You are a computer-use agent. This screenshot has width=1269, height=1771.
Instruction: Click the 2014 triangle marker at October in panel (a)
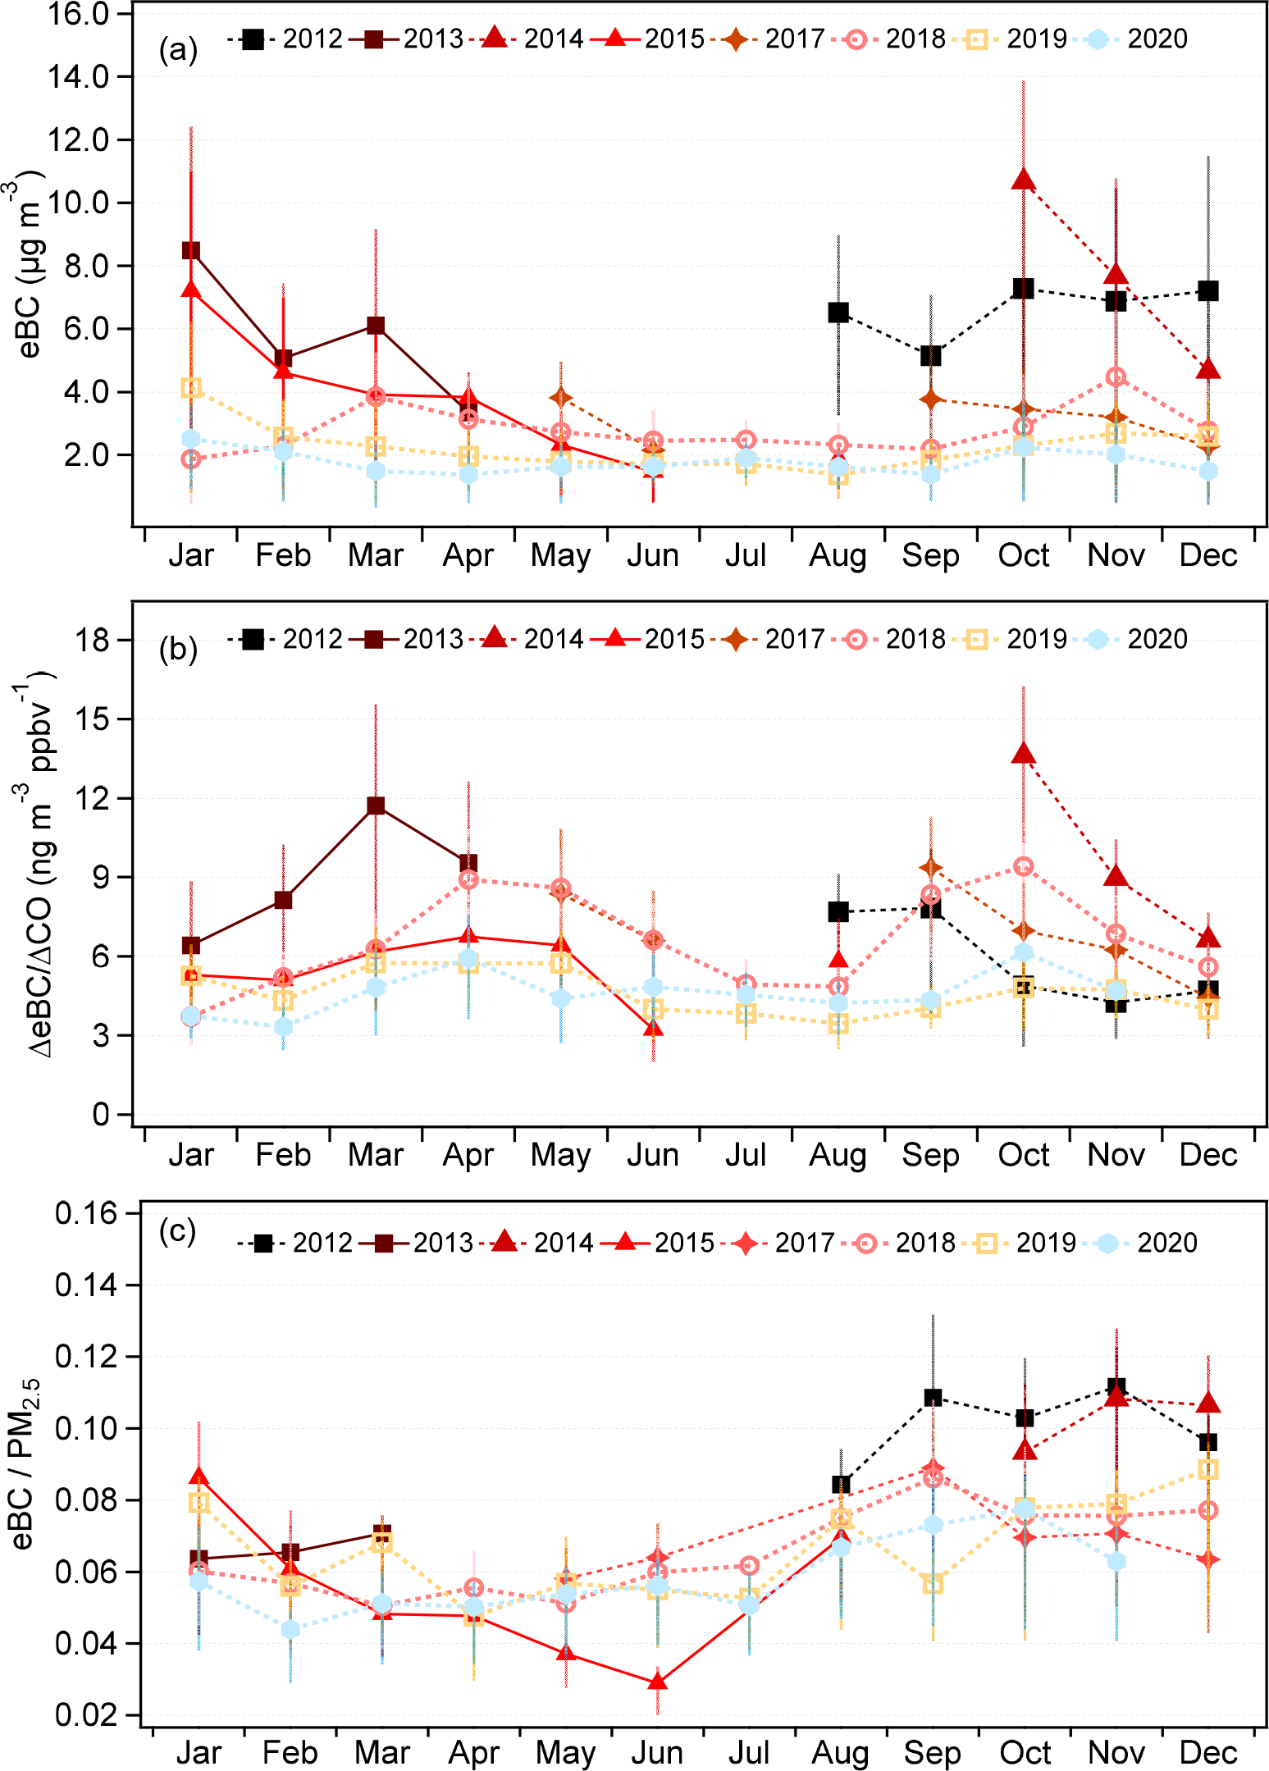point(1023,179)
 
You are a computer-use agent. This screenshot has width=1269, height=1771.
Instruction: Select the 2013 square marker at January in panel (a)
point(191,250)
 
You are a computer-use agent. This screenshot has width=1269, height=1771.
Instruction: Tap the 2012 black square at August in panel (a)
point(838,313)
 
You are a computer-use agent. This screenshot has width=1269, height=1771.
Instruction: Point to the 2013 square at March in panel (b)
point(376,806)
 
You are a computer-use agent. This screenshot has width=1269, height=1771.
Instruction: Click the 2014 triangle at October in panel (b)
point(1023,754)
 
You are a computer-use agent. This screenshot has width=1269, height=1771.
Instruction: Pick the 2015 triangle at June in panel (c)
point(657,1682)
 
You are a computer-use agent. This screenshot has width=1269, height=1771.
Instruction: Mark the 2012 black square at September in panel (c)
point(933,1397)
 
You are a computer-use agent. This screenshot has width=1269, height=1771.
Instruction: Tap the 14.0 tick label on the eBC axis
point(79,77)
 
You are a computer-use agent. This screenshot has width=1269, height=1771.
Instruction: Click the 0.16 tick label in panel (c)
point(86,1212)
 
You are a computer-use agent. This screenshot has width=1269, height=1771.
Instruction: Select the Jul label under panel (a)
point(746,556)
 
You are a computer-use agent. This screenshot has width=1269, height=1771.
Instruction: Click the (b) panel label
point(178,649)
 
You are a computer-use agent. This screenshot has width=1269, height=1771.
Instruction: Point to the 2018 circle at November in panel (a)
point(1116,377)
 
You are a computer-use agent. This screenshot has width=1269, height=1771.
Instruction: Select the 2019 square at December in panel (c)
point(1207,1468)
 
